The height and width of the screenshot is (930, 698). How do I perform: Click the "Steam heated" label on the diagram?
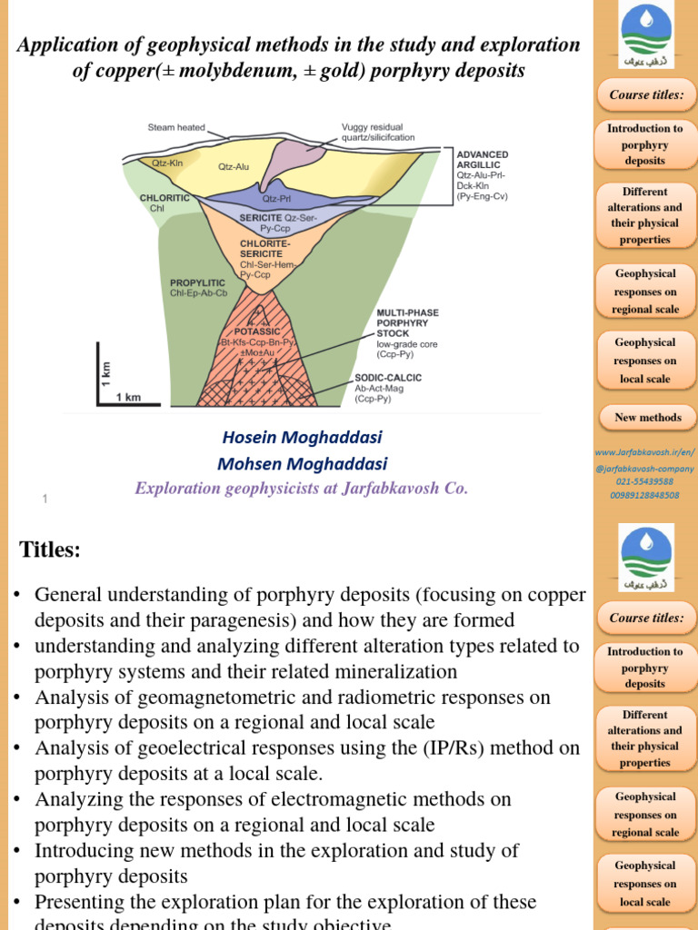176,127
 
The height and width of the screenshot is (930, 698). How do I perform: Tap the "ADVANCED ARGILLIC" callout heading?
483,160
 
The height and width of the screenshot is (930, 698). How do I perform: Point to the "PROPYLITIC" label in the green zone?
197,282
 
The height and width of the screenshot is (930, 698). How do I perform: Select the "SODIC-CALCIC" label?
388,377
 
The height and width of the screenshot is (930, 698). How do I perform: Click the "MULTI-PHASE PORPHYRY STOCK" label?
407,323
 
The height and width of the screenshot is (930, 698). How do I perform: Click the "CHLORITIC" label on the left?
165,197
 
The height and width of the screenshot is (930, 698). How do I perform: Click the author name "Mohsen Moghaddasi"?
302,464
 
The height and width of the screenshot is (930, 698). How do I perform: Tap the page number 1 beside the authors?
44,499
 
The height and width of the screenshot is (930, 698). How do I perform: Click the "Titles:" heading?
50,549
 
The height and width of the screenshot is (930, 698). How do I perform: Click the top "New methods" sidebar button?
647,417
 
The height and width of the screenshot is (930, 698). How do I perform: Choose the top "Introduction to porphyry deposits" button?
645,144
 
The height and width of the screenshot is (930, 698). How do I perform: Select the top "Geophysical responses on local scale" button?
645,361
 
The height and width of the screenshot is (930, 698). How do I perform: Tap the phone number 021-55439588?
644,481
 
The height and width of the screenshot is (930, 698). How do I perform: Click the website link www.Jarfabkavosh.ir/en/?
644,451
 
